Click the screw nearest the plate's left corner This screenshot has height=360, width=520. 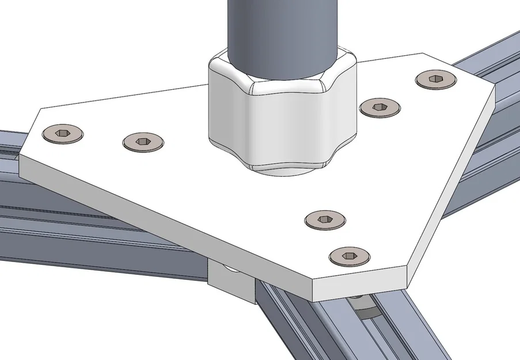pos(63,134)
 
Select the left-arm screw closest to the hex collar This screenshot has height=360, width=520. pos(143,141)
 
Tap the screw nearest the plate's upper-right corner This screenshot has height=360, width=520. pos(436,79)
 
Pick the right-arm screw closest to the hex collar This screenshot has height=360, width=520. pos(379,107)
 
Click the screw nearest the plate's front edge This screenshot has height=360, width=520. pos(348,256)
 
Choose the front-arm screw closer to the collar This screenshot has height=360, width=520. pos(325,219)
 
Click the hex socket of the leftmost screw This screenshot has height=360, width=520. pos(63,133)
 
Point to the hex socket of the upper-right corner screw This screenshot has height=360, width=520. pos(436,78)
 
